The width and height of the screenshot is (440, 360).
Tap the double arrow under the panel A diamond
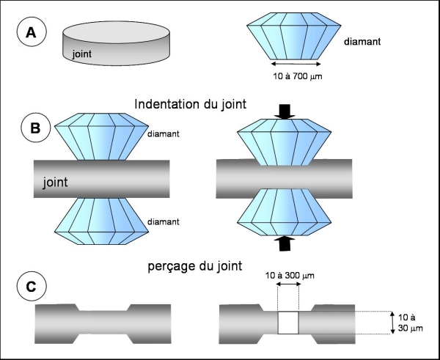point(293,65)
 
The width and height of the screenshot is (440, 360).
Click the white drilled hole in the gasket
point(289,322)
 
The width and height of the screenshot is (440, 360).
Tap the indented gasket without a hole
point(103,321)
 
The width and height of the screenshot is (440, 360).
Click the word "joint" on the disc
point(83,54)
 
